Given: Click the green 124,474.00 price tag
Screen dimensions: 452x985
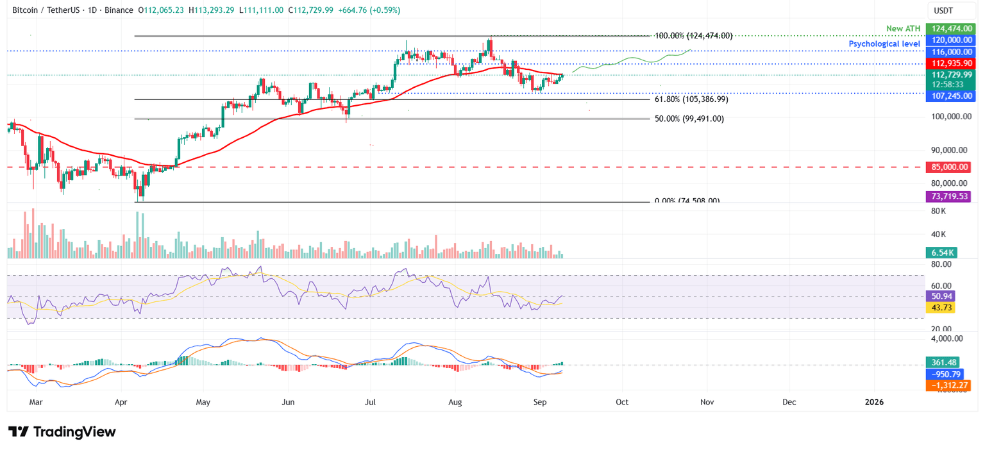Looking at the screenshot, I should pyautogui.click(x=952, y=29).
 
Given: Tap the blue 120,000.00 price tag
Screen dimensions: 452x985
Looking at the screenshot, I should pyautogui.click(x=952, y=40).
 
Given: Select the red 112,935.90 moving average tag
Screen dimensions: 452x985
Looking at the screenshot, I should pyautogui.click(x=952, y=63).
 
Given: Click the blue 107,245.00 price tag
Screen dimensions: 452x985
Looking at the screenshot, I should pyautogui.click(x=952, y=96).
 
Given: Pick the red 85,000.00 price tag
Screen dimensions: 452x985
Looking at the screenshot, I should pyautogui.click(x=952, y=167).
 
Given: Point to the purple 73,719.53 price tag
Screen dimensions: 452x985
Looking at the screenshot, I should pyautogui.click(x=952, y=197).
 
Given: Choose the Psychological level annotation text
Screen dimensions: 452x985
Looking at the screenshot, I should pyautogui.click(x=885, y=44).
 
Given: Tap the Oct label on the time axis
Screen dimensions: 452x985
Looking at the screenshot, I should pyautogui.click(x=621, y=402).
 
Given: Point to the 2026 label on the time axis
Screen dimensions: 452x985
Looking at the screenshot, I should pyautogui.click(x=873, y=402).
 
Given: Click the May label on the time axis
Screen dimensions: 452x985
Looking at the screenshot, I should pyautogui.click(x=203, y=402).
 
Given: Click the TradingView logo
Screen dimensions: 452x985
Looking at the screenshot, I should pyautogui.click(x=62, y=432).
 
